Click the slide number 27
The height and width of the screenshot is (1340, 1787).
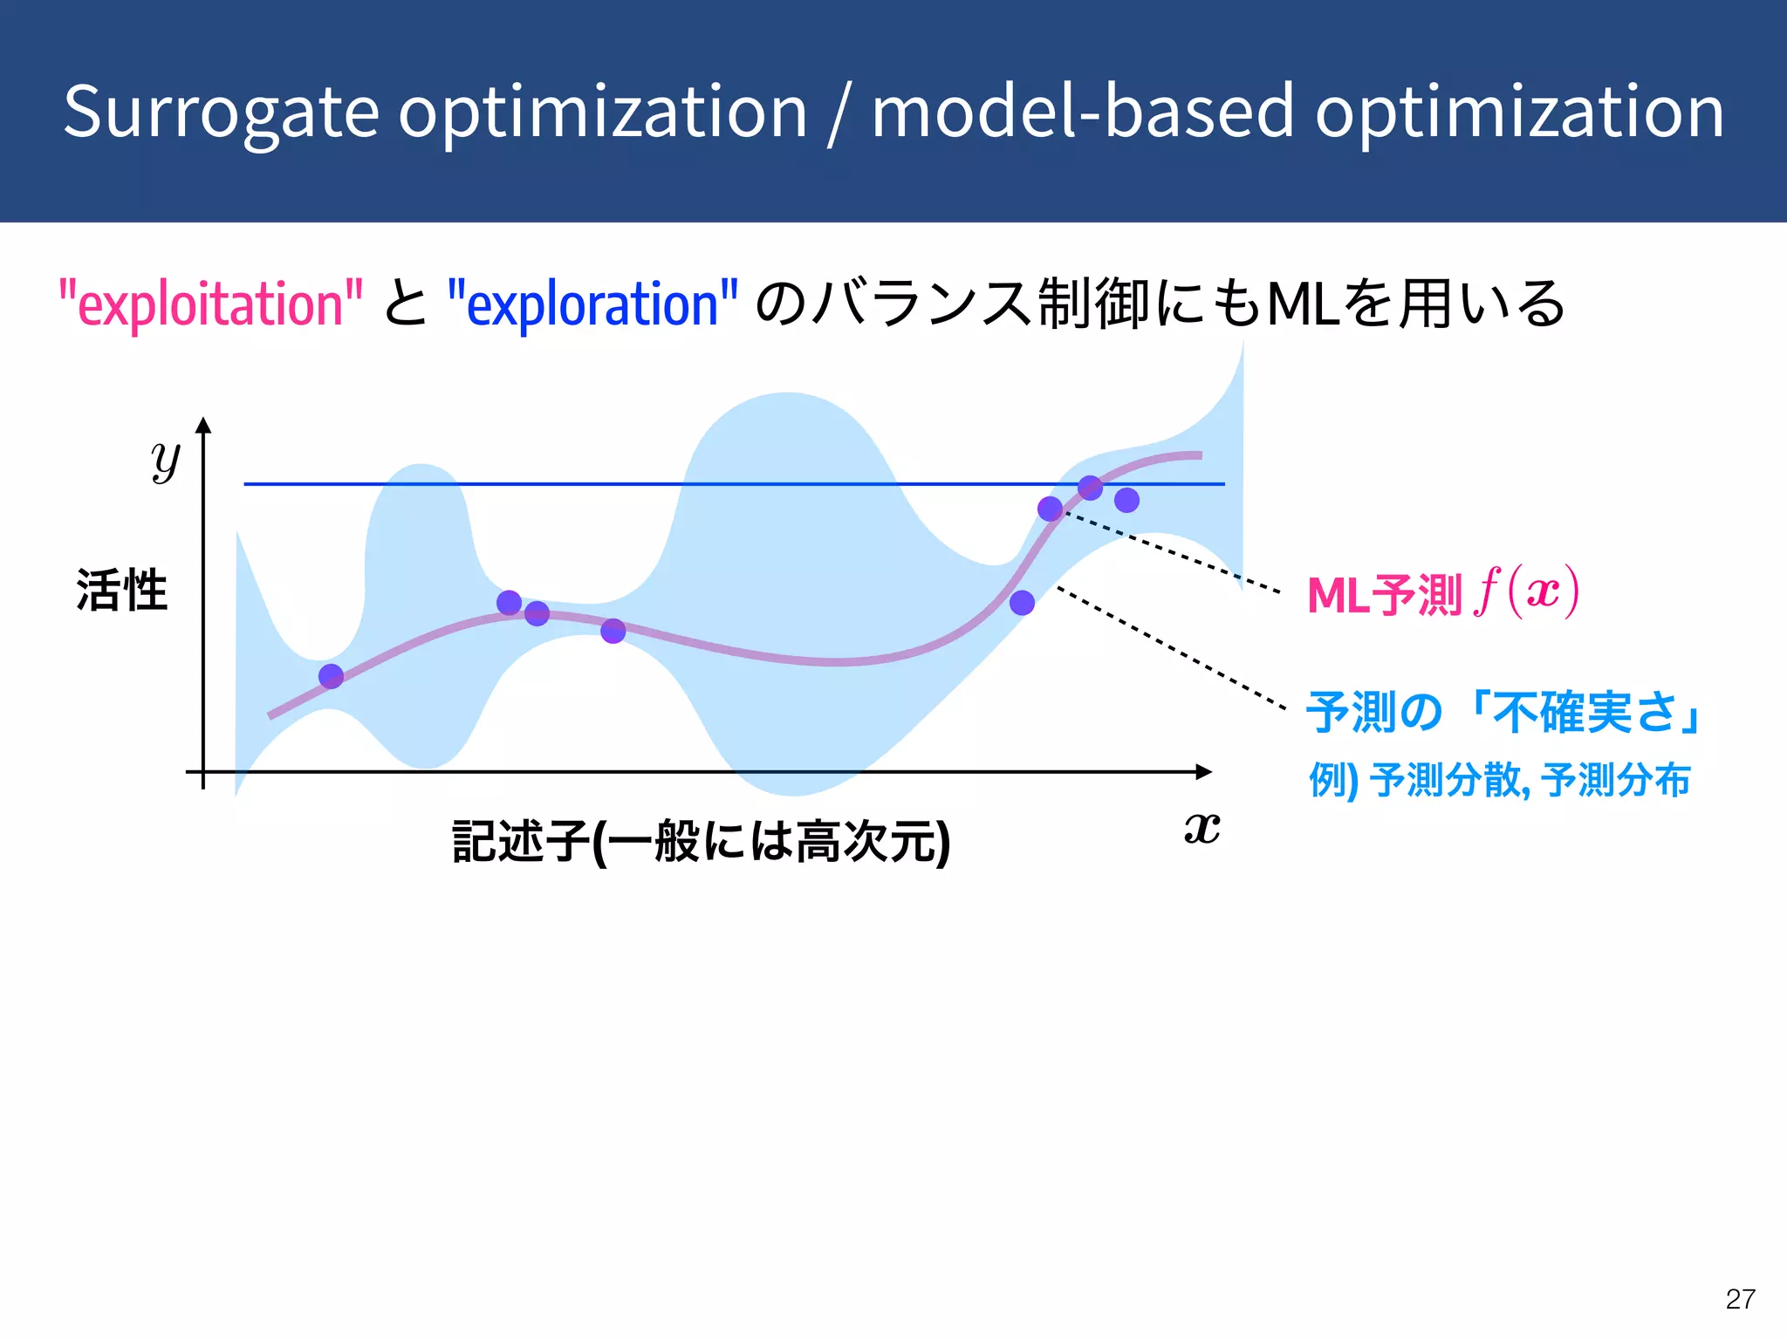pyautogui.click(x=1740, y=1299)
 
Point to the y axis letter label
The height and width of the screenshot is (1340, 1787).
pyautogui.click(x=165, y=460)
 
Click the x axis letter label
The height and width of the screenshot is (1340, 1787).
pyautogui.click(x=1202, y=827)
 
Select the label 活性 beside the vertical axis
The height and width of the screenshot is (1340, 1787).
pyautogui.click(x=121, y=591)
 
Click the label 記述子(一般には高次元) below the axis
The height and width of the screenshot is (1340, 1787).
pyautogui.click(x=701, y=841)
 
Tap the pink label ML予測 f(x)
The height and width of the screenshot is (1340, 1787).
pyautogui.click(x=1442, y=593)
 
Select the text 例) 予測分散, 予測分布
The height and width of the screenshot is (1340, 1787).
pyautogui.click(x=1499, y=780)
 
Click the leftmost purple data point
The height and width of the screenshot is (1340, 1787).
pyautogui.click(x=331, y=676)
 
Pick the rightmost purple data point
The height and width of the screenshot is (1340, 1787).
pyautogui.click(x=1126, y=500)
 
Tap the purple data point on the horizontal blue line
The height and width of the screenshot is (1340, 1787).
pyautogui.click(x=1090, y=488)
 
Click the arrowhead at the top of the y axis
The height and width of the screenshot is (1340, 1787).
pyautogui.click(x=203, y=425)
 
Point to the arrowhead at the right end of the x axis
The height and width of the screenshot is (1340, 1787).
pyautogui.click(x=1204, y=771)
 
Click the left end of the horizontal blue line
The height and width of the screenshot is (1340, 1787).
pyautogui.click(x=247, y=483)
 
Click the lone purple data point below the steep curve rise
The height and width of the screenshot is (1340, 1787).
pyautogui.click(x=1022, y=603)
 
